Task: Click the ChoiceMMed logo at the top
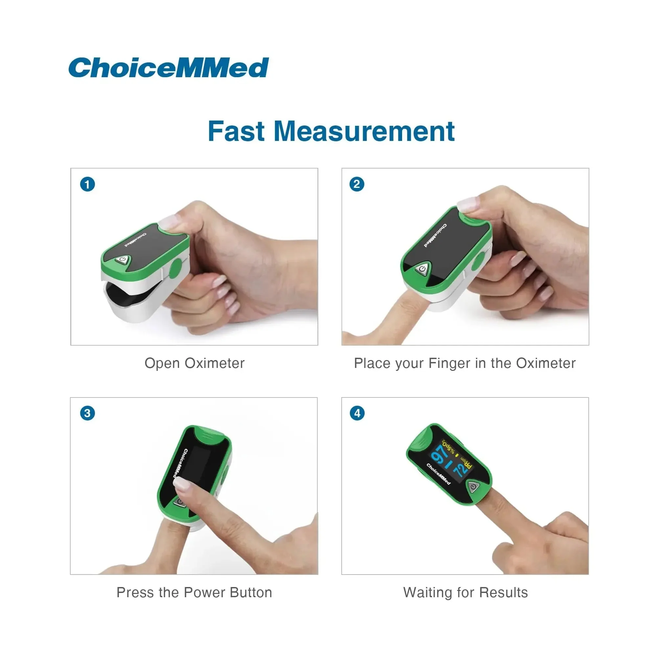[x=169, y=67]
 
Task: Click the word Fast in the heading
[x=236, y=131]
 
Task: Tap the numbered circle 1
[x=87, y=184]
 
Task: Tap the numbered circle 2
[x=357, y=184]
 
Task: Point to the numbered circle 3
[x=87, y=413]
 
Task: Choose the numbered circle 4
[x=357, y=413]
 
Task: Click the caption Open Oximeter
[x=194, y=363]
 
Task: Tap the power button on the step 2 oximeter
[x=422, y=269]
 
